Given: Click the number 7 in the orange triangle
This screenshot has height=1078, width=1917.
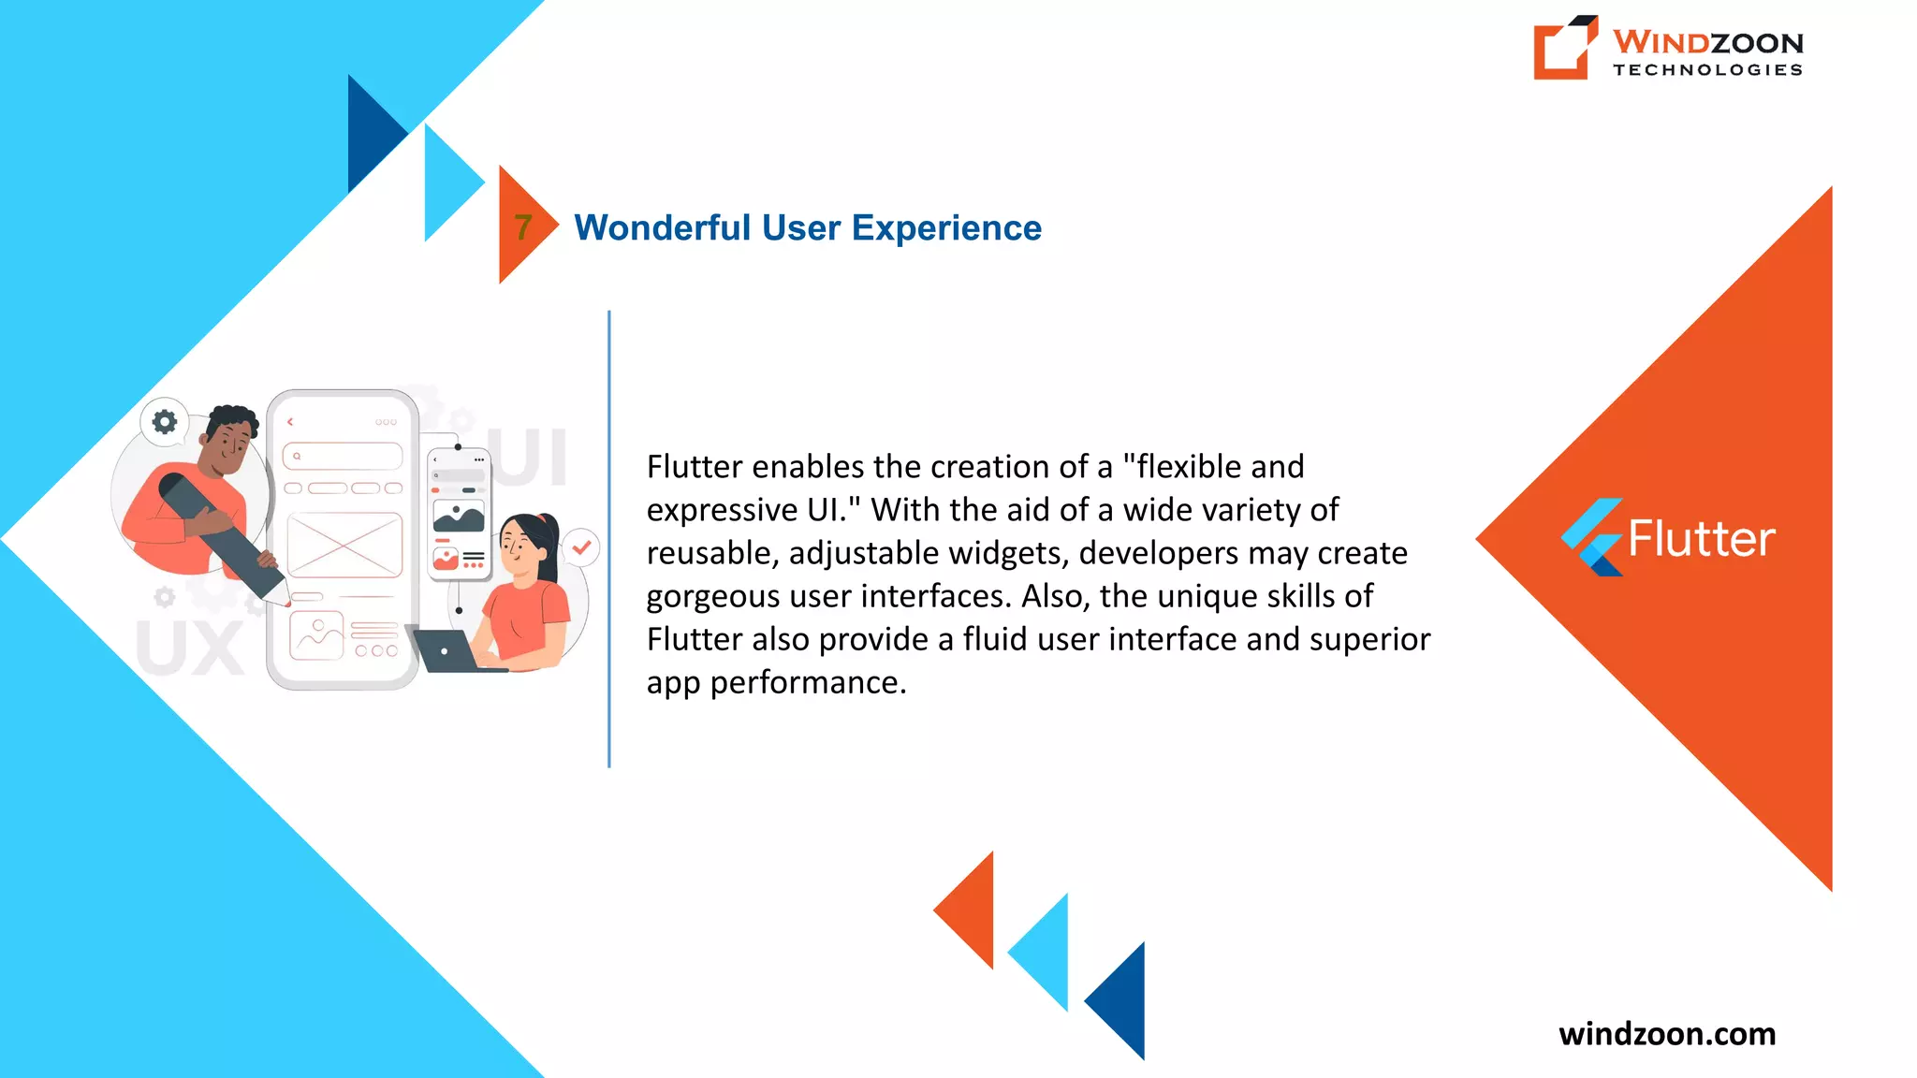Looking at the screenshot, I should tap(523, 226).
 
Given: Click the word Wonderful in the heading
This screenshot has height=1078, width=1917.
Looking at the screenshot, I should tap(662, 227).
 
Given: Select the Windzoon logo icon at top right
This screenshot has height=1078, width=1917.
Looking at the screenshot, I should tap(1564, 48).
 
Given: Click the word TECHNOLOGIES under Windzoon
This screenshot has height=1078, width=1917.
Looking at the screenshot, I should tap(1707, 70).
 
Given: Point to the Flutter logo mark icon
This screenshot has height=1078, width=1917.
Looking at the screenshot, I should tap(1591, 537).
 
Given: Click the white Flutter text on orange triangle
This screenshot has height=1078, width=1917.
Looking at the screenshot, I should tap(1701, 539).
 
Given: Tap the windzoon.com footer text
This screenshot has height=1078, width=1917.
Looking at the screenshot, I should tap(1666, 1033).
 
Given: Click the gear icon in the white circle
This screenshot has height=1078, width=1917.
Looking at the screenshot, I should tap(165, 422).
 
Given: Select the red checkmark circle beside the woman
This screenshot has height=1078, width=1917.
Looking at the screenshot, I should tap(581, 547).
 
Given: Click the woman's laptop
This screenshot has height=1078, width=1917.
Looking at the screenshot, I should tap(447, 650).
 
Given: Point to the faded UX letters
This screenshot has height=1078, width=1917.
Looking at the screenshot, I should tap(190, 648).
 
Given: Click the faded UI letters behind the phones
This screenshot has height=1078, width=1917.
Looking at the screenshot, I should tap(532, 458).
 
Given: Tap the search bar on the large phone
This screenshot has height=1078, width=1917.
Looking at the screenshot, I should tap(343, 457).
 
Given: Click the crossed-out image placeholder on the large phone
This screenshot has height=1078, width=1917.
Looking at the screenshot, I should tap(344, 545).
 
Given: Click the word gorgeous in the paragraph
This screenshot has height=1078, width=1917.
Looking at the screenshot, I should tap(713, 596).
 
